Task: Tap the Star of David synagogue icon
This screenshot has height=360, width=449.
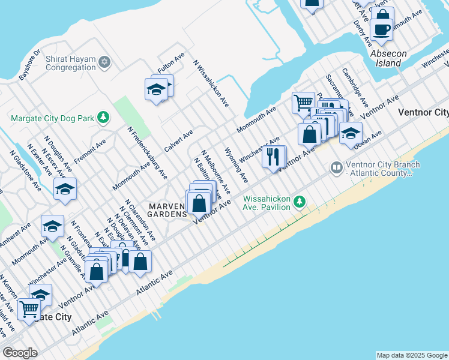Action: (x=104, y=62)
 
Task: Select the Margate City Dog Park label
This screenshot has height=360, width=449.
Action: (x=52, y=118)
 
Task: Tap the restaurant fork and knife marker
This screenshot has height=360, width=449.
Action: (x=274, y=157)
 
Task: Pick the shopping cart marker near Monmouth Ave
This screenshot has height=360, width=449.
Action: (x=303, y=103)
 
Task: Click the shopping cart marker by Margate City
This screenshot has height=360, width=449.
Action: (x=29, y=310)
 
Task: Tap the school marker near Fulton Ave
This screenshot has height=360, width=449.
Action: (x=157, y=90)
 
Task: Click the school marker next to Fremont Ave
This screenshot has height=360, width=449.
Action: (x=65, y=190)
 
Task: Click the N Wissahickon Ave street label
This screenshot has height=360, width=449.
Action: (x=211, y=83)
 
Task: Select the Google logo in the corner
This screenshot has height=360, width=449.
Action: (x=20, y=353)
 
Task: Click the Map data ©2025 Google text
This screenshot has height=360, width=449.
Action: (x=412, y=355)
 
